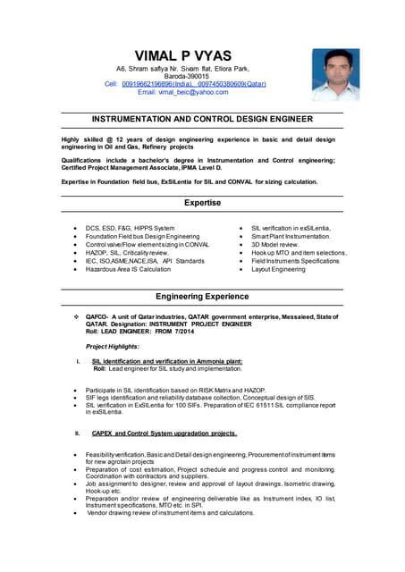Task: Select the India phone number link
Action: pos(160,83)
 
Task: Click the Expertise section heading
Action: pos(202,204)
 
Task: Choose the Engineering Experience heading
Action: pos(202,296)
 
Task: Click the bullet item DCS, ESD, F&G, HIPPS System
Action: pos(131,228)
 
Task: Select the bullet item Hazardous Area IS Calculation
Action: pos(128,269)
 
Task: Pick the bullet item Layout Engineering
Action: pos(278,269)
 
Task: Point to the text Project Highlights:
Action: pos(113,346)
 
